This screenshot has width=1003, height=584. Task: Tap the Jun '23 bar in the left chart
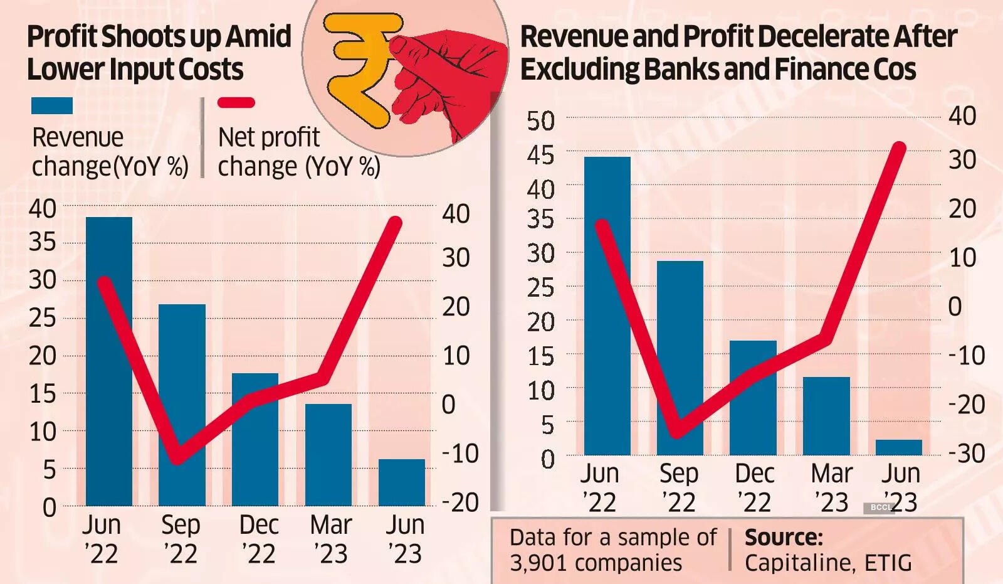402,482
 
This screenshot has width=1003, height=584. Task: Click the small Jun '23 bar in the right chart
899,447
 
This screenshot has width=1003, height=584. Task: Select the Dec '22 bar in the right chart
753,398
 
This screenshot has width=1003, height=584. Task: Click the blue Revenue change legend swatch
52,105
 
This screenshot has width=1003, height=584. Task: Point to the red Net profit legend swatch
236,103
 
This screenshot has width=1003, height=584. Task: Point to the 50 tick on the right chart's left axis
540,121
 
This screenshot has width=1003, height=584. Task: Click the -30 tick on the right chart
966,453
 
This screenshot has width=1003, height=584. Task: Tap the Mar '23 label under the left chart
330,539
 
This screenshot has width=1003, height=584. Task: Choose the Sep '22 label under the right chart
678,487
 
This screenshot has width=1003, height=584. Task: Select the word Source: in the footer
784,538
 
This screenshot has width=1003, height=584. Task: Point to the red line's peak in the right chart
899,148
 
